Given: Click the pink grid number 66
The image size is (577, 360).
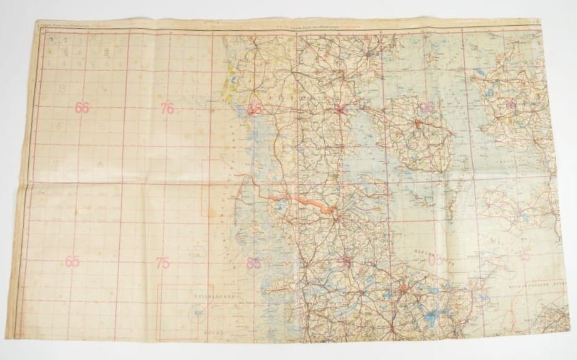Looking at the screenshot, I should (x=82, y=107).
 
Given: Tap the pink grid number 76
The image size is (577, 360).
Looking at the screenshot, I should (x=166, y=108).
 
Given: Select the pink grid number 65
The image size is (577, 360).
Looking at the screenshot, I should (x=73, y=262).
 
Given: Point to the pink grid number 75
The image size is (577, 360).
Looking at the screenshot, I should (x=163, y=263).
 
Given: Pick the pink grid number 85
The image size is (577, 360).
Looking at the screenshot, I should (x=253, y=263).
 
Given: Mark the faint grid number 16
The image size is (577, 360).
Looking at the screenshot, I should (x=511, y=105).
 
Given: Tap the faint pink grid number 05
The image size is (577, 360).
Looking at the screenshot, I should (x=435, y=259).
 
